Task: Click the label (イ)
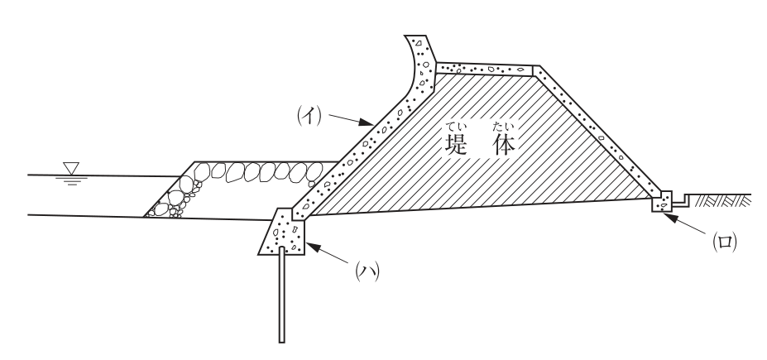(309, 116)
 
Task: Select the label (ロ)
(725, 242)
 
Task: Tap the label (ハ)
(367, 271)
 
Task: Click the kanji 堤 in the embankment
(456, 144)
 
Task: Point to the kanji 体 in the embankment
(505, 144)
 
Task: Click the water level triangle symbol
(71, 168)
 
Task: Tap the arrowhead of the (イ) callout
(367, 122)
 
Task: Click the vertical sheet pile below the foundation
(282, 295)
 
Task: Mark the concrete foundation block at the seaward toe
(283, 232)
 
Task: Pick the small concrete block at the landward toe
(662, 202)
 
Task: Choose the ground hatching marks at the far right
(722, 200)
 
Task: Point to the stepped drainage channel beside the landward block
(681, 199)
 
